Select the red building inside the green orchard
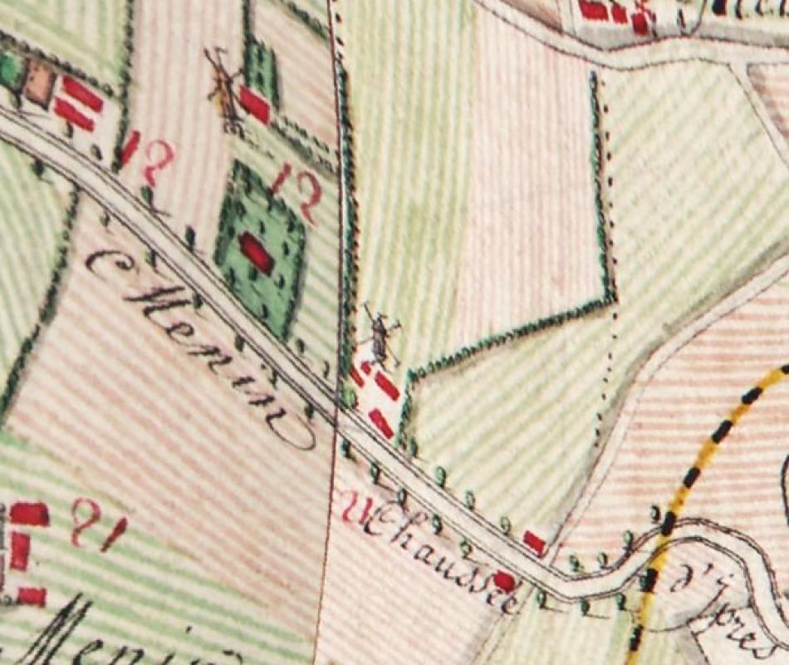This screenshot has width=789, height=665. (257, 252)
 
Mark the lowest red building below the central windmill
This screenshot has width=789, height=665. (380, 423)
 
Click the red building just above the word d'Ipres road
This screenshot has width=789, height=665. (535, 544)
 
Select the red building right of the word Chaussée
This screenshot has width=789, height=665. (503, 580)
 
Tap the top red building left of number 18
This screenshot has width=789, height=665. (29, 515)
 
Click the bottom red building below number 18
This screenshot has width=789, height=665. (32, 596)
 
